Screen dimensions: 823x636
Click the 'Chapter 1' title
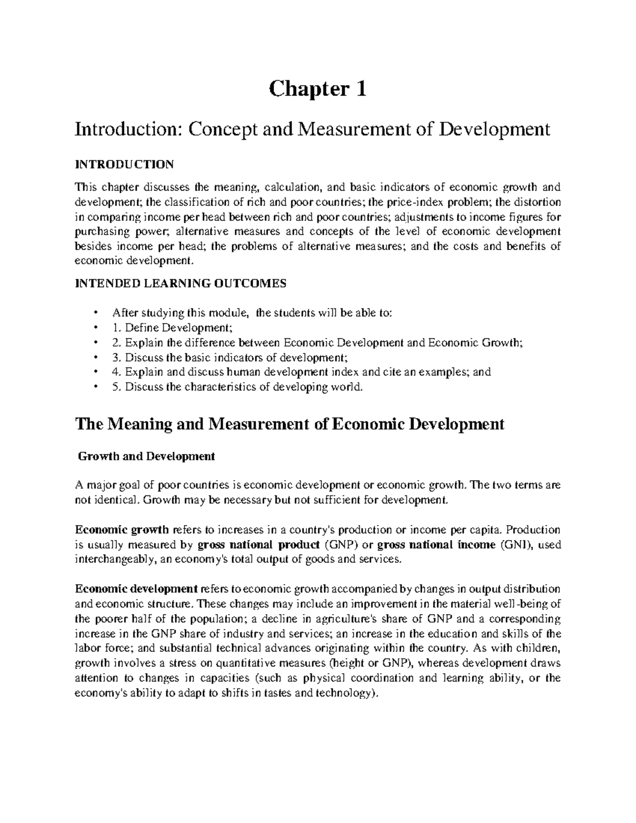317,90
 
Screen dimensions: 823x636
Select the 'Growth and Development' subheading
146,456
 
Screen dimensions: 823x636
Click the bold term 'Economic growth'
122,529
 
